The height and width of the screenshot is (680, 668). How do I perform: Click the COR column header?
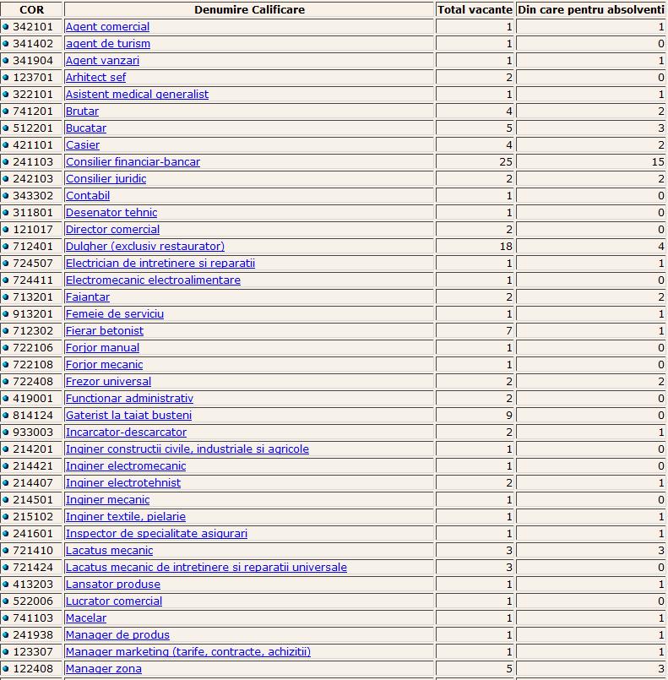(x=31, y=10)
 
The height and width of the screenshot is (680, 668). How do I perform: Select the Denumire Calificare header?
(x=249, y=10)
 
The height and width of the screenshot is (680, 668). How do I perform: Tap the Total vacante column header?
(x=475, y=10)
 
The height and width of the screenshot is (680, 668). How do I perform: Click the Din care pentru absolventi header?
(x=591, y=10)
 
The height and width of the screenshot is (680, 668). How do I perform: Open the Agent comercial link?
(x=107, y=27)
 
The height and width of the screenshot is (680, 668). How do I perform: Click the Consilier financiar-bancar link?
(x=133, y=162)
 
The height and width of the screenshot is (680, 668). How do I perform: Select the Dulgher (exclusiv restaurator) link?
(x=145, y=247)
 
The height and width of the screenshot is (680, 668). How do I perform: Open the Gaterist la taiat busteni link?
(x=128, y=416)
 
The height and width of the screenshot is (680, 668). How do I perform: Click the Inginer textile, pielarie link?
(x=126, y=517)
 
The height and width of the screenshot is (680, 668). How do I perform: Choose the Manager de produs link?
(x=117, y=635)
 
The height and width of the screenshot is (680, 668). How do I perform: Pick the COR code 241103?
(x=34, y=162)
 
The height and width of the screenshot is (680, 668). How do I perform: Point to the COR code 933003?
(x=34, y=432)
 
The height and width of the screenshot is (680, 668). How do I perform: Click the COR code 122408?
(x=34, y=669)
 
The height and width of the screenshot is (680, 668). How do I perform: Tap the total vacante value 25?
(x=506, y=162)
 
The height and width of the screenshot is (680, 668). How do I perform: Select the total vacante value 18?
(x=506, y=247)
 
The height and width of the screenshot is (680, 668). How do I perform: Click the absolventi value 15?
(x=658, y=162)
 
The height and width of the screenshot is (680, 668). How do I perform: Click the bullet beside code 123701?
(x=6, y=78)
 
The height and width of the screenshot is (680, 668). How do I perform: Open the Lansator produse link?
(x=112, y=585)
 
